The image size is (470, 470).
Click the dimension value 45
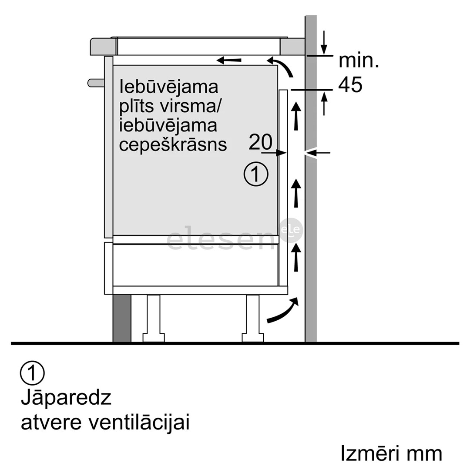350,85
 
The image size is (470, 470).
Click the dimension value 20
260,141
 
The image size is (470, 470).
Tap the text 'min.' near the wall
359,61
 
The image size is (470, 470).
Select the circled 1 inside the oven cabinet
256,174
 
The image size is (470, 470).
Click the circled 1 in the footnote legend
32,373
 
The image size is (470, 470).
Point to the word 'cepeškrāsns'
173,144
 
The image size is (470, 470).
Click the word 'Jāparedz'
66,398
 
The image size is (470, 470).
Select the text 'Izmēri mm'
391,453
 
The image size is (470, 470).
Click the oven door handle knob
95,82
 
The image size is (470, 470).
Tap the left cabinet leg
154,318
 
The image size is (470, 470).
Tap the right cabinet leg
253,318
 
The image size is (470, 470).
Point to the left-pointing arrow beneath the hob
229,60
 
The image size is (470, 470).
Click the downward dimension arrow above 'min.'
324,43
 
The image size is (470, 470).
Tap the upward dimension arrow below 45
324,104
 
